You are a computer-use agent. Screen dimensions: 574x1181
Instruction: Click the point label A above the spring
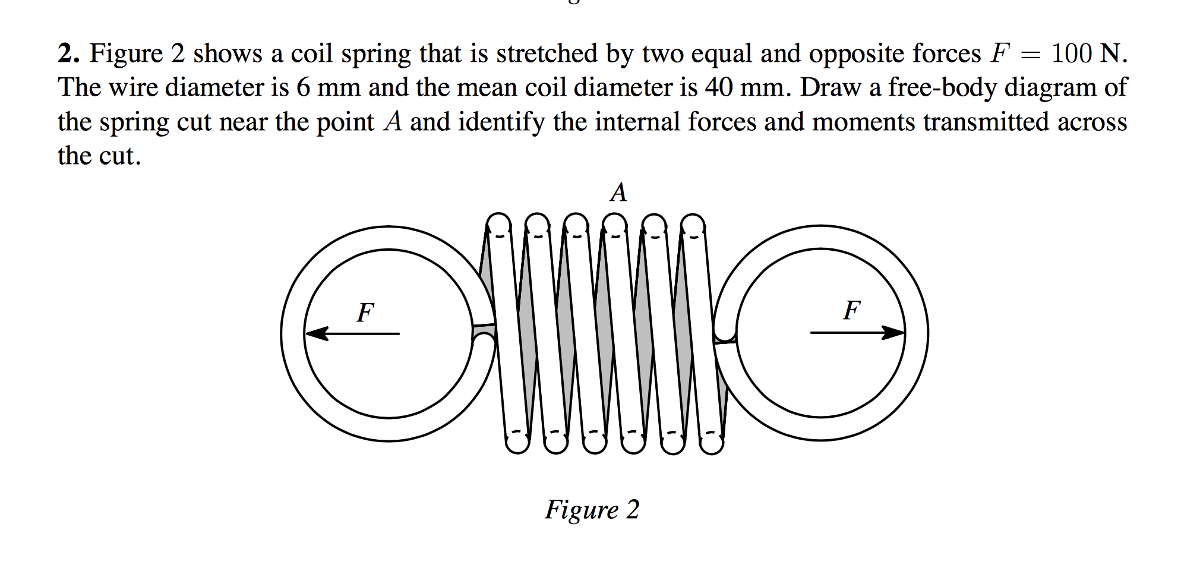tap(618, 193)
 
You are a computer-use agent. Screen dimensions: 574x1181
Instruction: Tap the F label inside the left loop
tap(365, 312)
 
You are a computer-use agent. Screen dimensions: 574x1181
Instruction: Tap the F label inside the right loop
tap(852, 310)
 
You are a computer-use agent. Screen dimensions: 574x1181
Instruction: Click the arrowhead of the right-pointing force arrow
tap(893, 332)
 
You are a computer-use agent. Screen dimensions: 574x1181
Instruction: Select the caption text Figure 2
tap(592, 510)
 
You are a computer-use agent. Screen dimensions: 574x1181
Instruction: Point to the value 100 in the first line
tap(1071, 53)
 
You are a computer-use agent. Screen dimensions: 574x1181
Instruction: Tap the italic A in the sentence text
tap(393, 122)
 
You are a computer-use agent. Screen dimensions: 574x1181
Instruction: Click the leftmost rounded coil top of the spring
tap(498, 225)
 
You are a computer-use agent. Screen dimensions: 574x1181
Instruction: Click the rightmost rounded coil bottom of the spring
tap(711, 443)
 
